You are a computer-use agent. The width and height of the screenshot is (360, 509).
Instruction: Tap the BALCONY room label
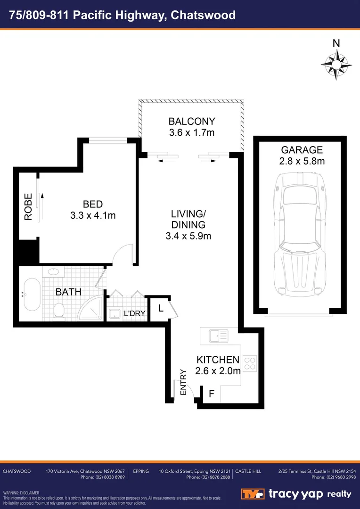pyautogui.click(x=191, y=121)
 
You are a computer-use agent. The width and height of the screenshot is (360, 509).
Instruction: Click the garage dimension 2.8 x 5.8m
pyautogui.click(x=302, y=161)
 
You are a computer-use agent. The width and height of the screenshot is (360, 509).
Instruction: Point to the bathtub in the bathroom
pyautogui.click(x=32, y=294)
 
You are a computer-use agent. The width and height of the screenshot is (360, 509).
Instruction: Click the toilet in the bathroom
pyautogui.click(x=59, y=311)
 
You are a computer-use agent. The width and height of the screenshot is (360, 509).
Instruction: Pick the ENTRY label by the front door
pyautogui.click(x=184, y=382)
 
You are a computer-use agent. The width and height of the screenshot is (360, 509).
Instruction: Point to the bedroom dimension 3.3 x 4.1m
pyautogui.click(x=92, y=215)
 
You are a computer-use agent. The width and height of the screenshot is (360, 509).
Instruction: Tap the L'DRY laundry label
pyautogui.click(x=134, y=313)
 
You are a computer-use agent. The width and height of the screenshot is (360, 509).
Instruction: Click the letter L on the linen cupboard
pyautogui.click(x=161, y=309)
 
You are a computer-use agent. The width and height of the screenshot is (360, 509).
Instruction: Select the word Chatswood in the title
pyautogui.click(x=203, y=15)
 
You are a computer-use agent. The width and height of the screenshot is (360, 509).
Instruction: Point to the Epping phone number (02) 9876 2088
pyautogui.click(x=208, y=477)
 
